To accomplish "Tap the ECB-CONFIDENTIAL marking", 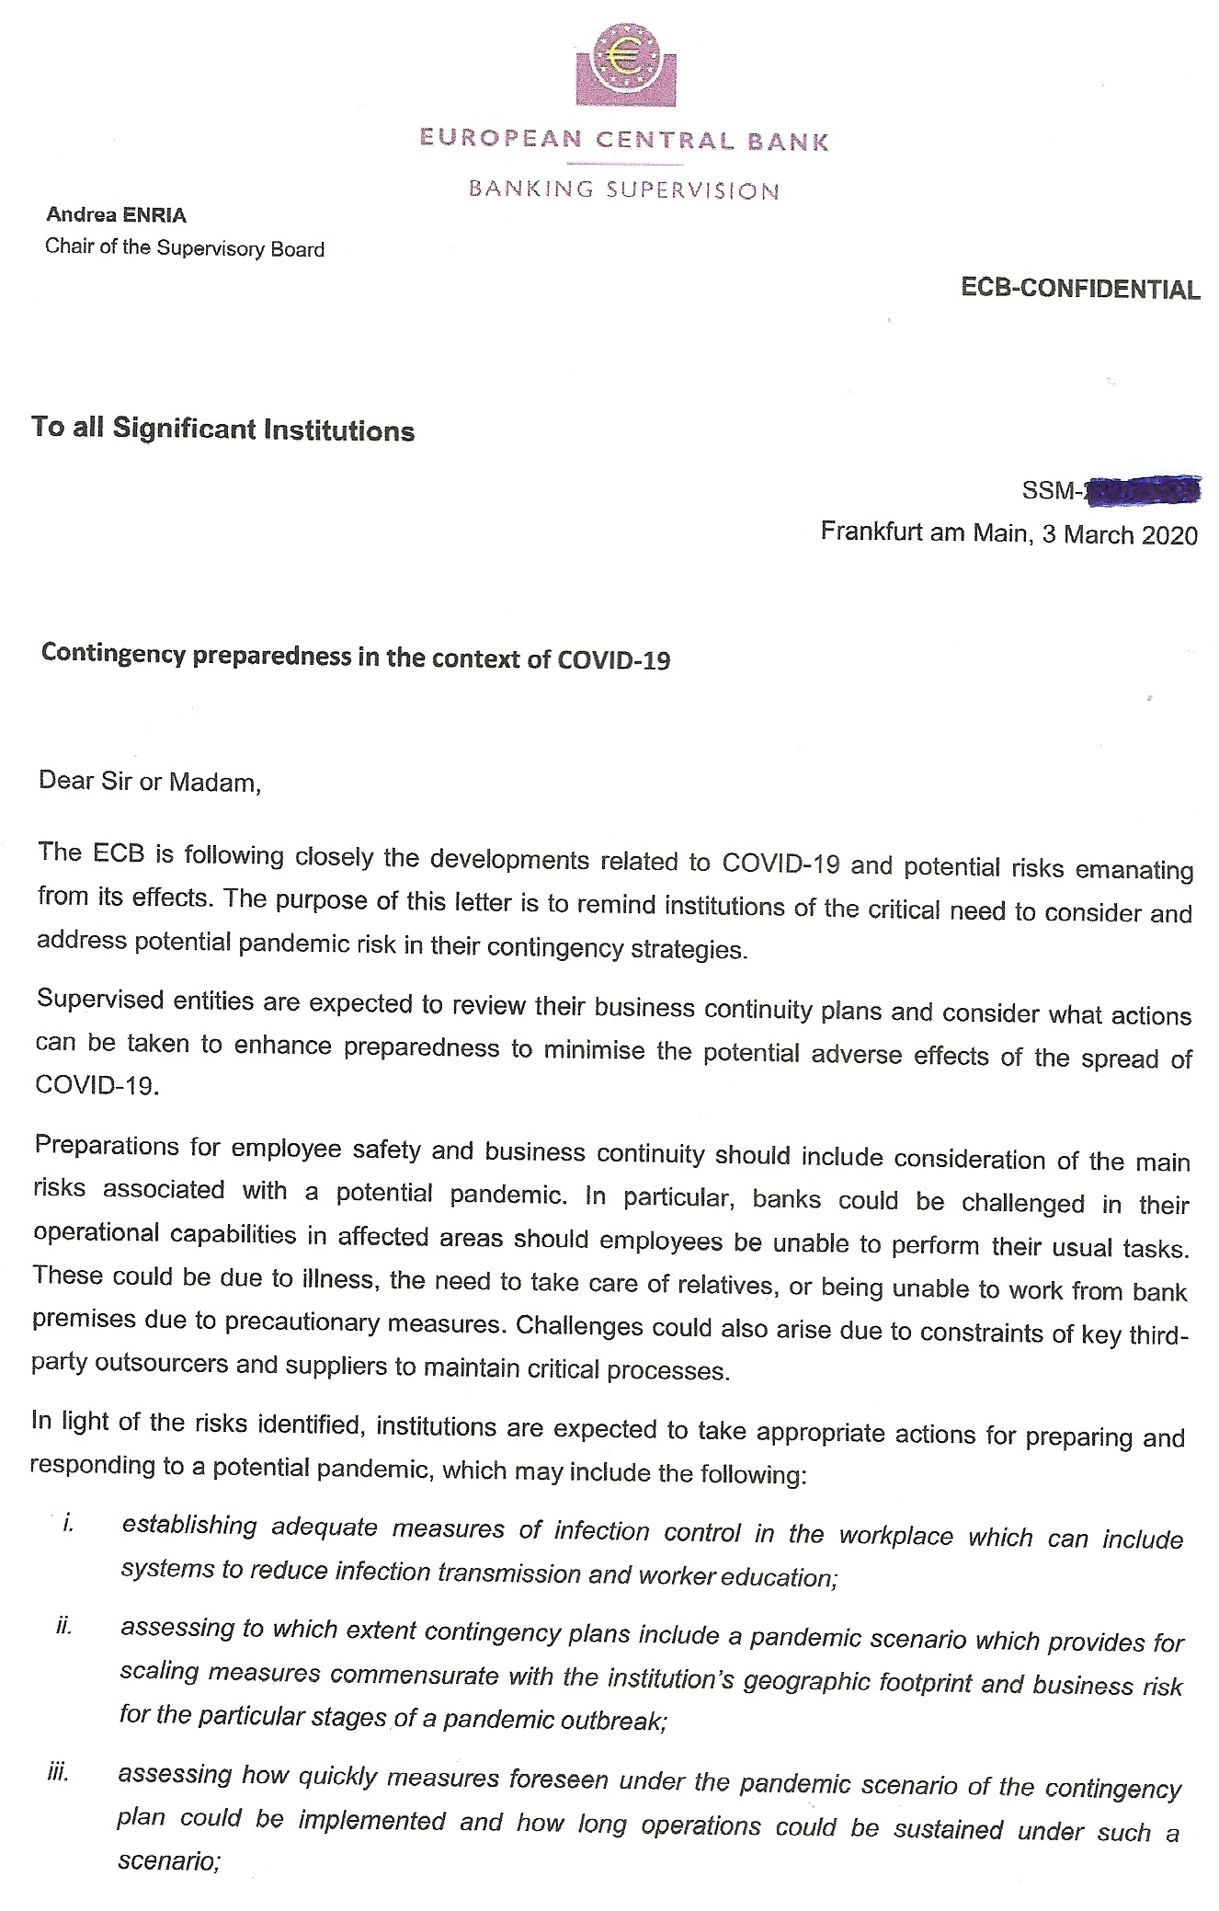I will point(1080,289).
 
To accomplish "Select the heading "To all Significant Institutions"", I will point(222,429).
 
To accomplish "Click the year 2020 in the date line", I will point(1169,535).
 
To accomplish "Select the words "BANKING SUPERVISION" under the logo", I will point(623,190).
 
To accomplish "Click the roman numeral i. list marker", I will point(67,1523).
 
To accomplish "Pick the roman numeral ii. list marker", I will point(63,1627).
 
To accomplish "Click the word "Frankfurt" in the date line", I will point(870,532).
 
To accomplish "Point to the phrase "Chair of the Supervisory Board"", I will point(185,248).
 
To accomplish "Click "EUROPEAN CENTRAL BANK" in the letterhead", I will point(623,141).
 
